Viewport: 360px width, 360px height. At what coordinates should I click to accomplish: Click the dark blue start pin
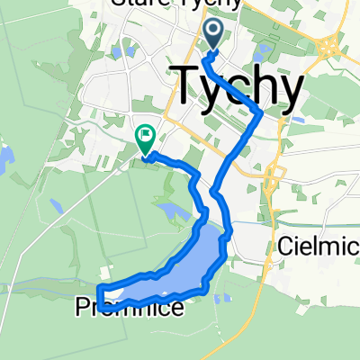[x=214, y=35]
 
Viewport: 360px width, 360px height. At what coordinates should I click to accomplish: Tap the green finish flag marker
[x=144, y=138]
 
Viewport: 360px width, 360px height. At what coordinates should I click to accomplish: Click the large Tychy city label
[x=237, y=85]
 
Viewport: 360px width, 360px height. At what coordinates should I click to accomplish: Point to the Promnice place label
[x=139, y=310]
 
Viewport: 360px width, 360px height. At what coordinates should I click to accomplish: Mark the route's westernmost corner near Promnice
[x=99, y=292]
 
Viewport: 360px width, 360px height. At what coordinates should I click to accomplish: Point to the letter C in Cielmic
[x=286, y=244]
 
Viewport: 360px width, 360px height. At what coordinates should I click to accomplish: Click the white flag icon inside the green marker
[x=144, y=135]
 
